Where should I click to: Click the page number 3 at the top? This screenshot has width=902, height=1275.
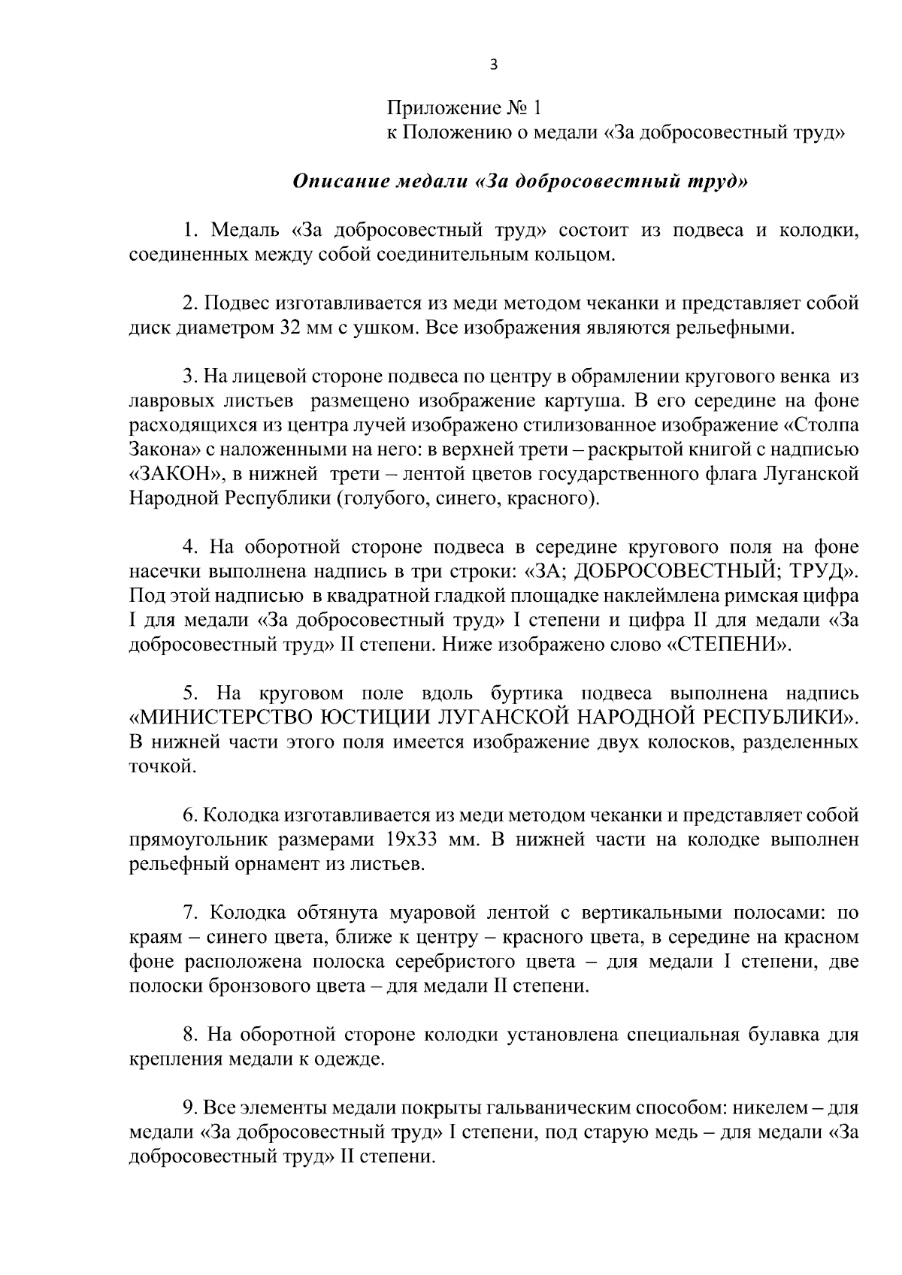pyautogui.click(x=493, y=65)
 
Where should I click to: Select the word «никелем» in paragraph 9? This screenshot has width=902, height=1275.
pyautogui.click(x=776, y=1107)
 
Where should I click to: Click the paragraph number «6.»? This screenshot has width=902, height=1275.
pyautogui.click(x=192, y=816)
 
